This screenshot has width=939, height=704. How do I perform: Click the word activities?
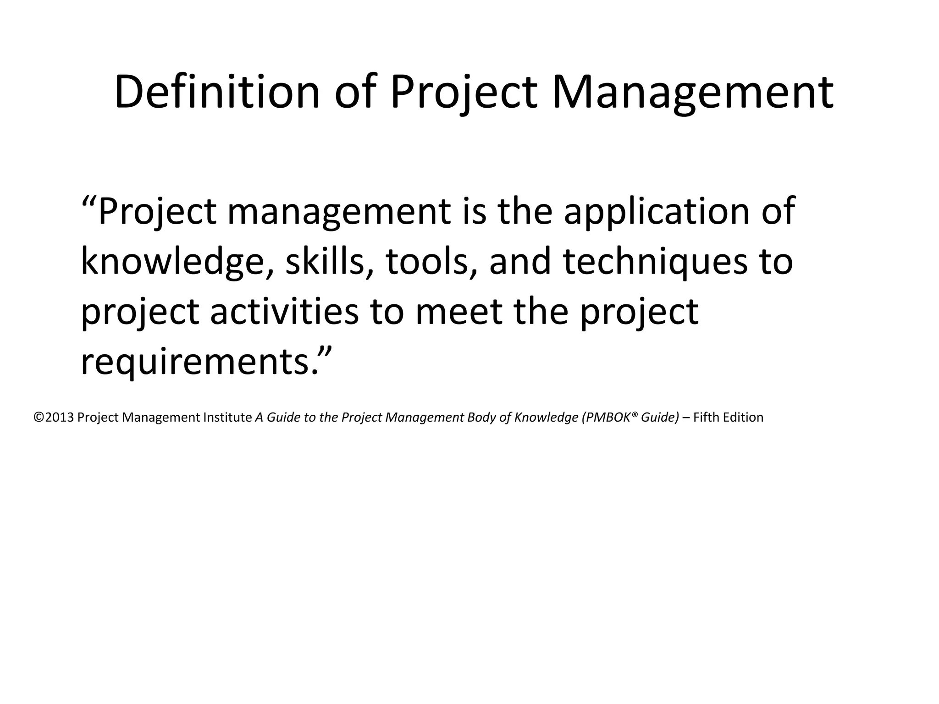point(284,312)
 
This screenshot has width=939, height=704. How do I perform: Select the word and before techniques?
point(520,262)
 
